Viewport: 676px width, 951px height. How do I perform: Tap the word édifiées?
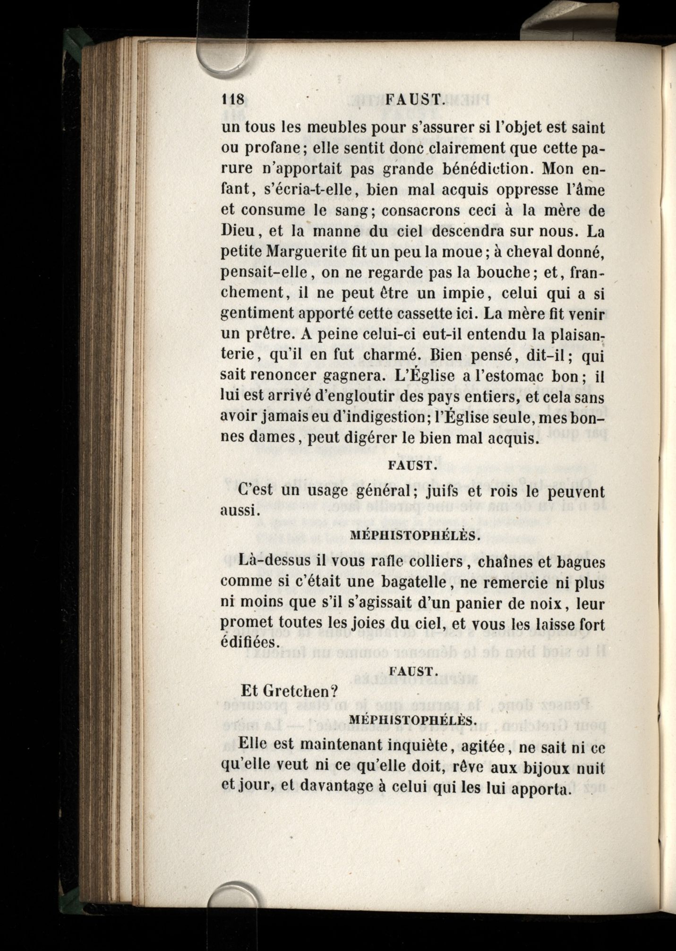point(249,642)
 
